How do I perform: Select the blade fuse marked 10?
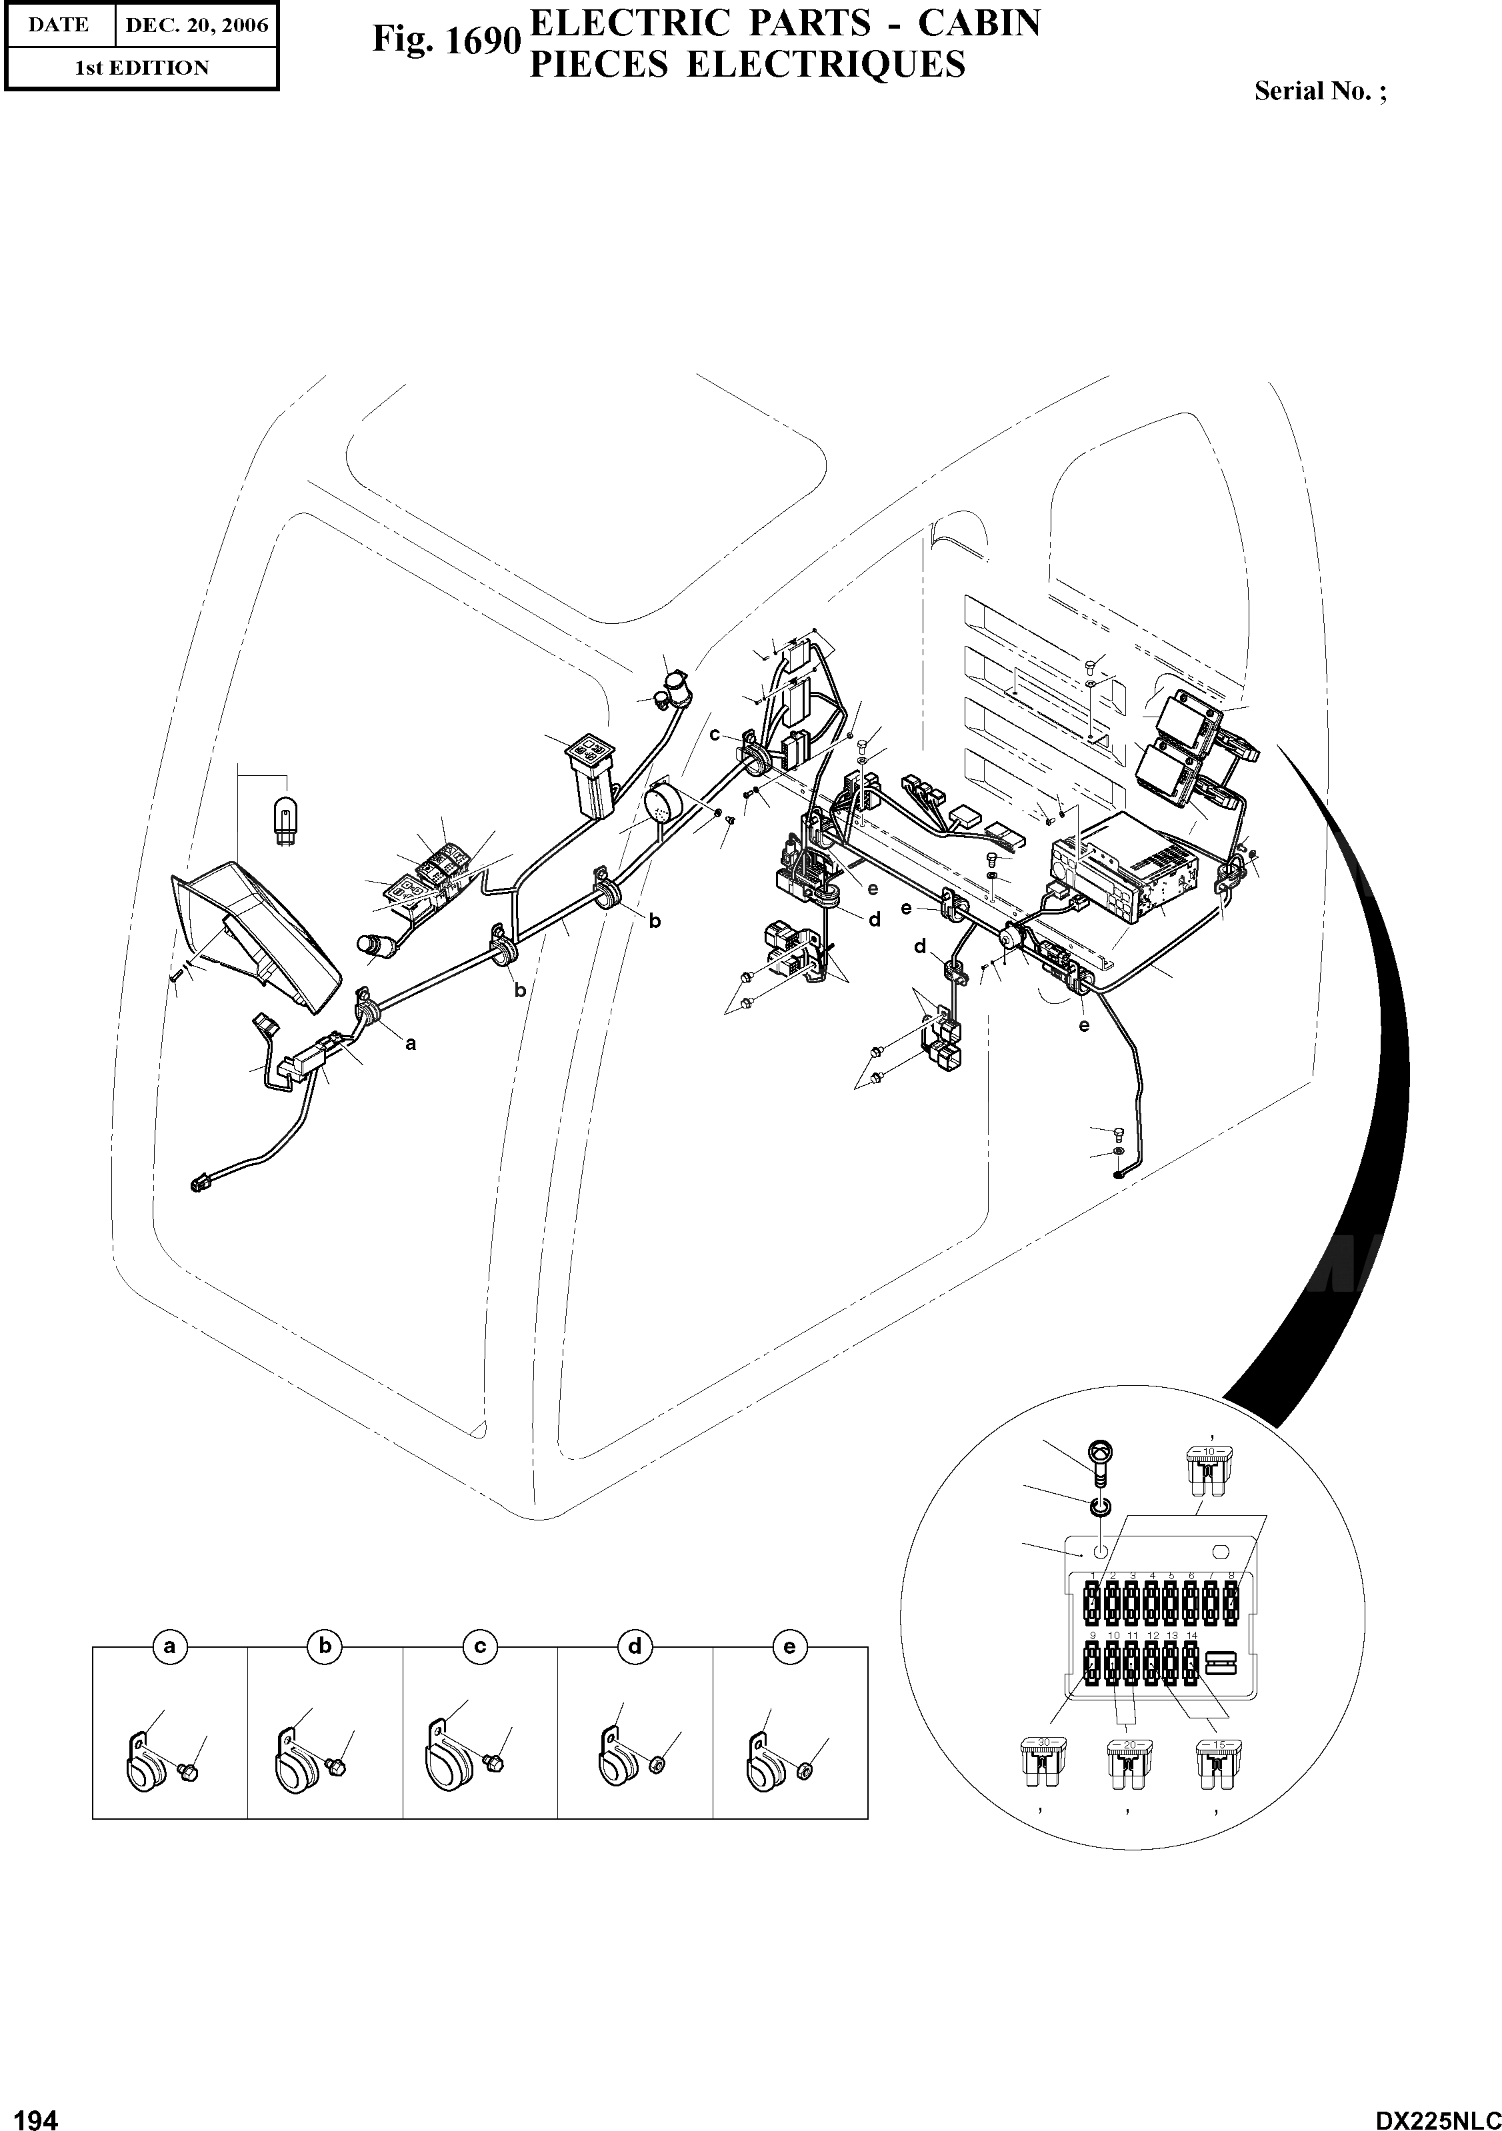click(1208, 1468)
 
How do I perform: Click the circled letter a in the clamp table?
click(169, 1646)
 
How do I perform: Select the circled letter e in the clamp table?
click(789, 1646)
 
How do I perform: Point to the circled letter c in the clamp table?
click(480, 1646)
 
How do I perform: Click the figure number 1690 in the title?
click(444, 41)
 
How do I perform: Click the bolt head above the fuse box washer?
click(1098, 1450)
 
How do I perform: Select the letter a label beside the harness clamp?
click(410, 1043)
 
